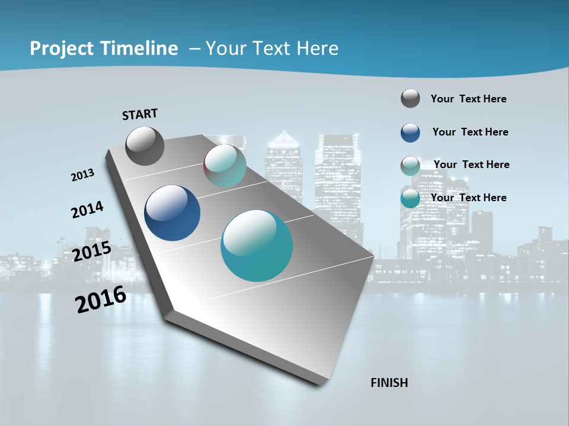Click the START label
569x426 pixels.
(140, 114)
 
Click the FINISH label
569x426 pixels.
(389, 383)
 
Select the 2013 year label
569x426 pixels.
(83, 175)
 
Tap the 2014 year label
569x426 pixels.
(87, 209)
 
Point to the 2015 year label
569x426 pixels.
(91, 251)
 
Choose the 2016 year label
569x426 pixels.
(101, 299)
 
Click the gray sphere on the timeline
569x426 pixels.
(145, 146)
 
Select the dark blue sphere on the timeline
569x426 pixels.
(172, 213)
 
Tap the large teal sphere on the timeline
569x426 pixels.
(257, 246)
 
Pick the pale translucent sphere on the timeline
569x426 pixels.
(225, 166)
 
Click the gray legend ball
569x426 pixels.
(410, 98)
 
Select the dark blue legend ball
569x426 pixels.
(410, 133)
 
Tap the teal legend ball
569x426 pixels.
(410, 198)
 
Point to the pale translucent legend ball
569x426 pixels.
(410, 166)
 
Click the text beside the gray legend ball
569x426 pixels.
(468, 99)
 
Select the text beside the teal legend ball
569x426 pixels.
(468, 198)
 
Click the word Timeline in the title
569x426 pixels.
(138, 49)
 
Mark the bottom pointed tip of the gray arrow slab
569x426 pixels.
(321, 384)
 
